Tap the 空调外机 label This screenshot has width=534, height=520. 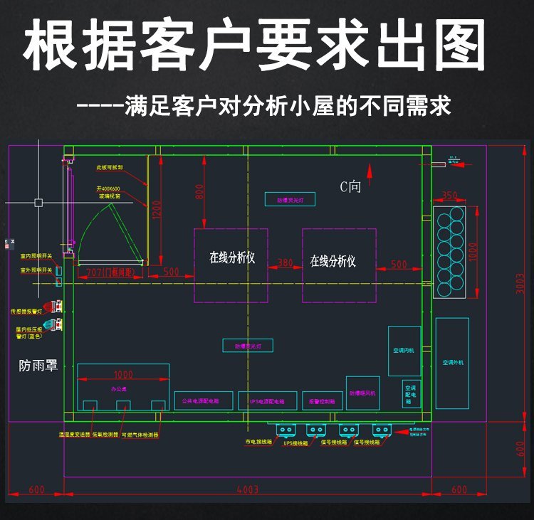[x=452, y=363]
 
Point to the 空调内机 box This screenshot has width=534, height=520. [x=404, y=351]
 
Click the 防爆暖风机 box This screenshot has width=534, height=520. [x=363, y=393]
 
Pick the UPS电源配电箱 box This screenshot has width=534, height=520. [x=267, y=401]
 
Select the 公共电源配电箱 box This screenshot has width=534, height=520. [x=203, y=400]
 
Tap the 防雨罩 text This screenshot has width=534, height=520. [x=38, y=366]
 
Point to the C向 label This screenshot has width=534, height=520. [x=350, y=187]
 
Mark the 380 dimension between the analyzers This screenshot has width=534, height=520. [x=286, y=262]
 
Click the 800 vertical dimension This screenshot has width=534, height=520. [x=200, y=191]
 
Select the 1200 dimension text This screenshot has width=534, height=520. [x=158, y=208]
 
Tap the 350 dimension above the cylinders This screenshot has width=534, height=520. [x=449, y=195]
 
